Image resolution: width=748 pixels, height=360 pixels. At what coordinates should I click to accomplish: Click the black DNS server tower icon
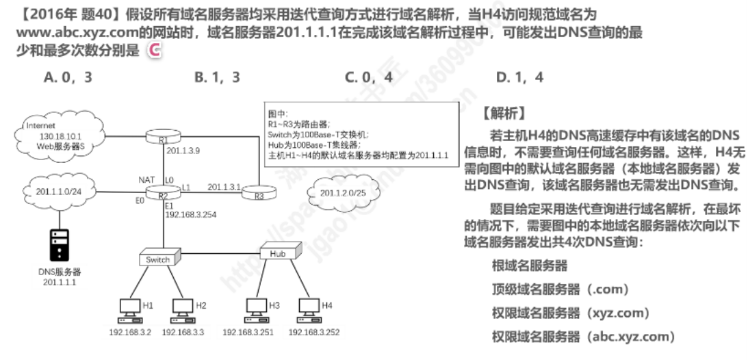pos(60,246)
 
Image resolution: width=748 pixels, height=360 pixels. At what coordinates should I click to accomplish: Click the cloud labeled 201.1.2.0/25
pos(344,192)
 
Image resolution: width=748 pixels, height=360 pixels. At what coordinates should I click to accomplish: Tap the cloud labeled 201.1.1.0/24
pos(59,192)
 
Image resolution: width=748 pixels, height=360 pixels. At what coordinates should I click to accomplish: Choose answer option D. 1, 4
pos(519,77)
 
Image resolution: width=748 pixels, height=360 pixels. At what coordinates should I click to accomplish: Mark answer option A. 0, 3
pos(68,77)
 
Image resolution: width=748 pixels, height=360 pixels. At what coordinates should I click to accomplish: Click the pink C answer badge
pos(155,50)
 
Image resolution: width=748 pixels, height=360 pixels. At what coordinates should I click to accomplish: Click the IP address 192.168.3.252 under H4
pos(314,333)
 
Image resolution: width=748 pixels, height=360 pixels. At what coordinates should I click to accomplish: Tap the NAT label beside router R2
pos(146,180)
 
